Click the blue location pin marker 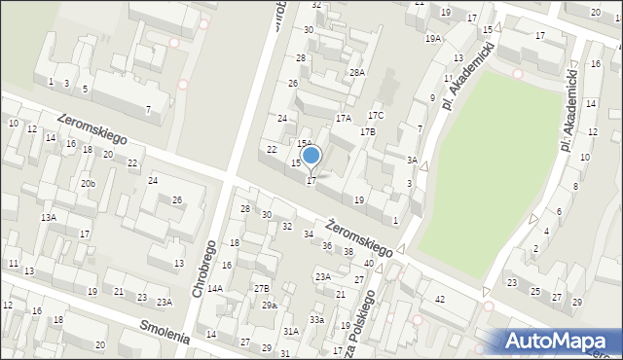coord(311,156)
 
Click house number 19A coord(433,39)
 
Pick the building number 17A coord(343,118)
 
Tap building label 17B coord(367,131)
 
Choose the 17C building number coord(376,116)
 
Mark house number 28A coord(357,73)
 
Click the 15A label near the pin coord(304,143)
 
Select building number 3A coord(412,161)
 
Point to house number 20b coord(88,184)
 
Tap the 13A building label coord(48,218)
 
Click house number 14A coord(214,289)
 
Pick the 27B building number coord(261,289)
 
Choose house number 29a coord(269,306)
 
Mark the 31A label coord(290,332)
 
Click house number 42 coord(440,299)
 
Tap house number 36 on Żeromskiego coord(327,245)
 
